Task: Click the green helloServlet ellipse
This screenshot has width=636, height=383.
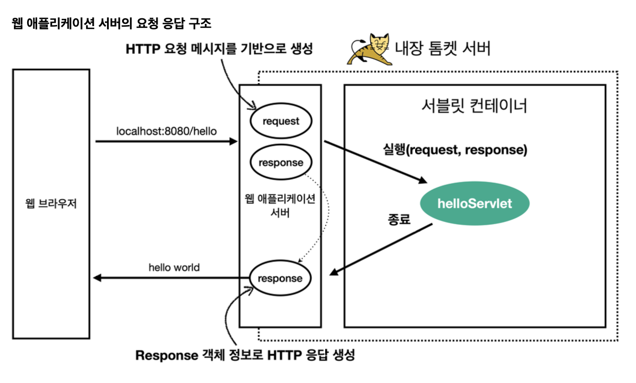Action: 475,204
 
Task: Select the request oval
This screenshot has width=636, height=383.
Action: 281,120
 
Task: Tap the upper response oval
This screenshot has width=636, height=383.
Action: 281,163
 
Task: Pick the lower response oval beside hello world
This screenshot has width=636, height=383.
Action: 280,279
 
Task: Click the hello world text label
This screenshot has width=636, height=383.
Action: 174,268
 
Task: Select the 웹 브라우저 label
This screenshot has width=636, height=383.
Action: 51,204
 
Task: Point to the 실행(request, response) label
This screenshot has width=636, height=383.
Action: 455,149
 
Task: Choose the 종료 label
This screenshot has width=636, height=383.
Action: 398,219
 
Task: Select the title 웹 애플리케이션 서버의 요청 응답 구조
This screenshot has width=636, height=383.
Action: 112,24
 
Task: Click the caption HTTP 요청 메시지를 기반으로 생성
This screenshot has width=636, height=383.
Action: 220,49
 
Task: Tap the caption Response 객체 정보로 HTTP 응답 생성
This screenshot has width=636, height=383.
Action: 245,355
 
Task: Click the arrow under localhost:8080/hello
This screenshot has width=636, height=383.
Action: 166,142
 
